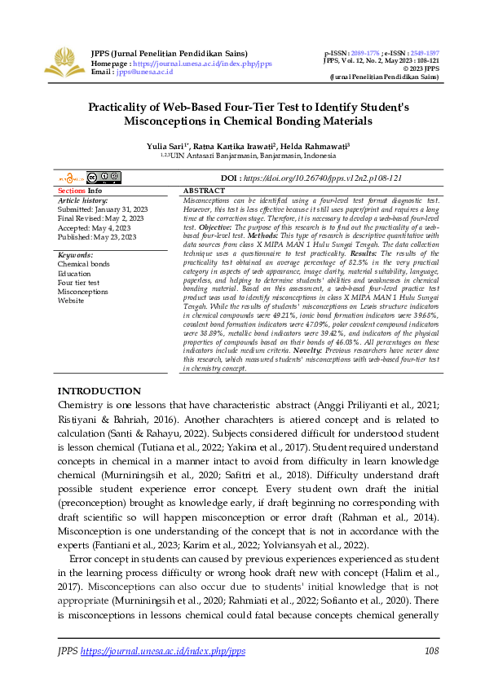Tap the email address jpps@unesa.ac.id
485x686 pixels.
143,72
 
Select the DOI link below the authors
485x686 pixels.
323,178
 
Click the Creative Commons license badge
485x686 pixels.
104,177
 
